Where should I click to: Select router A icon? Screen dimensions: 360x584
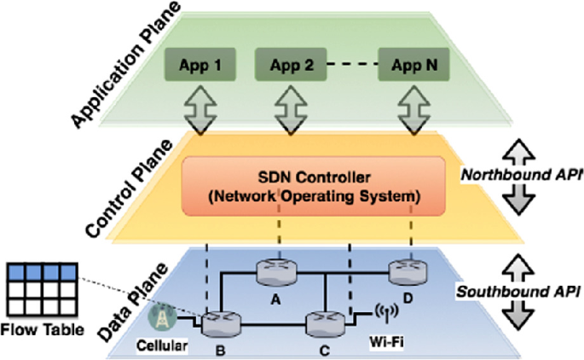[x=275, y=271]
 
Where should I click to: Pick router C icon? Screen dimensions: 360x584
[x=326, y=323]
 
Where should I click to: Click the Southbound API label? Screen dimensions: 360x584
[x=515, y=291]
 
